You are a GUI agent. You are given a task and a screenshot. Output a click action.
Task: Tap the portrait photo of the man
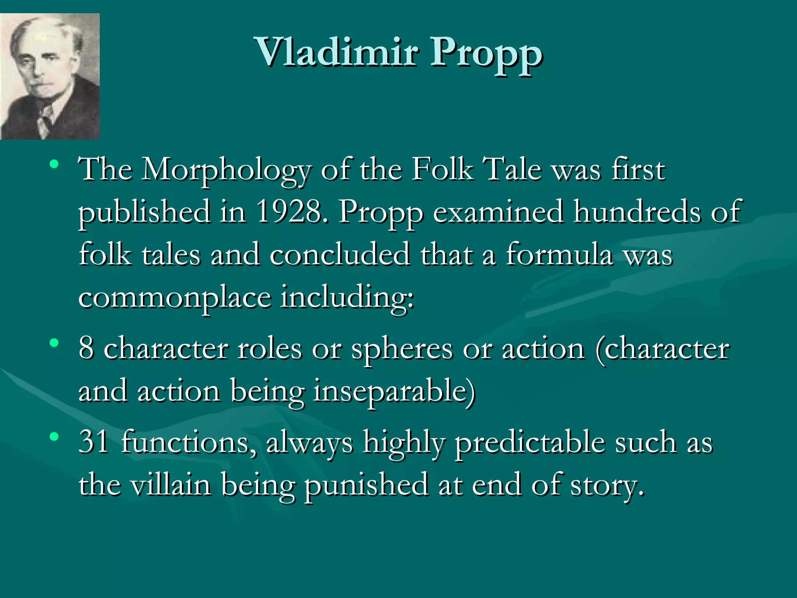point(50,76)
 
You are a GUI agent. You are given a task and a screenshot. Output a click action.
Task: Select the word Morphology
point(226,171)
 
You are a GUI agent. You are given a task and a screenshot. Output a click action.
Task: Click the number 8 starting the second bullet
point(86,348)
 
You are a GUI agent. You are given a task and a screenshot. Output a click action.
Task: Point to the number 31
point(93,442)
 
